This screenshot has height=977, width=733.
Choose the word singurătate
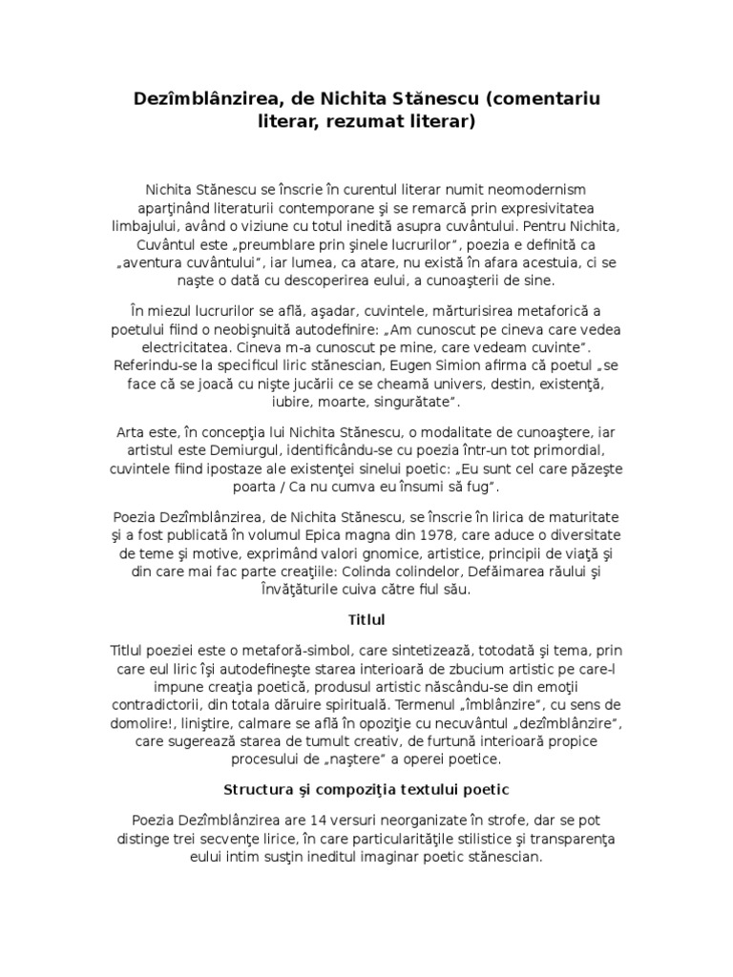(413, 402)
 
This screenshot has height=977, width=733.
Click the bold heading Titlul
(366, 618)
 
